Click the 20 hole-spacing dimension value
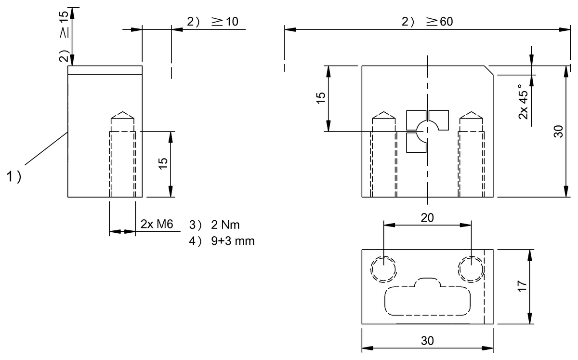click(x=427, y=217)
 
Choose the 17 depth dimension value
click(x=522, y=287)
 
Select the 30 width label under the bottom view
click(x=427, y=341)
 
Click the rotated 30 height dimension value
click(x=558, y=131)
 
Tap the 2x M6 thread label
click(x=157, y=225)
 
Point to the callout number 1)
click(x=14, y=177)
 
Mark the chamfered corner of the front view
click(x=489, y=70)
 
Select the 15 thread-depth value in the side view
click(x=163, y=164)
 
